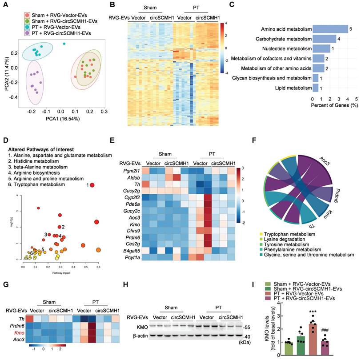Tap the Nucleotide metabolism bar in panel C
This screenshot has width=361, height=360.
point(321,48)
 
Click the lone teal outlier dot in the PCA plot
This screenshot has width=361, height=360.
point(64,44)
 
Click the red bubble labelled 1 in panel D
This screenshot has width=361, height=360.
point(92,185)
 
